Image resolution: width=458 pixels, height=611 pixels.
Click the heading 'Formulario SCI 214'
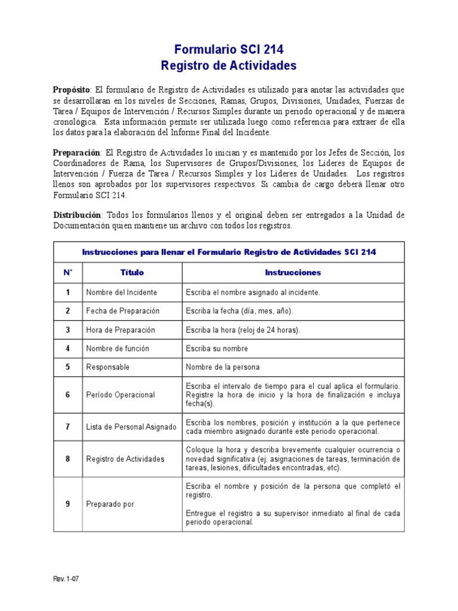pos(229,50)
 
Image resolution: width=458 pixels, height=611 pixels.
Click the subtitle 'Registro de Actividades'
pos(229,66)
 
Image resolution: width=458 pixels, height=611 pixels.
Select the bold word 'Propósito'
pos(72,89)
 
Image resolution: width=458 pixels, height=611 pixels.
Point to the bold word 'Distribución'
pos(76,215)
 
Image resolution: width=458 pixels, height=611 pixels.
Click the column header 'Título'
pos(132,273)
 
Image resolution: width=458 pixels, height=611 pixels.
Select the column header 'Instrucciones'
pos(293,273)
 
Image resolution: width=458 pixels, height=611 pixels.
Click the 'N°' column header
pos(67,273)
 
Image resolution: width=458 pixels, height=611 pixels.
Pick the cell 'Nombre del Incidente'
pos(122,292)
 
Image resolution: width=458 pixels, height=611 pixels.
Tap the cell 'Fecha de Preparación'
pos(123,311)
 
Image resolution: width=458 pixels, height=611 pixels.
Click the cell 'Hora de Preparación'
pos(120,330)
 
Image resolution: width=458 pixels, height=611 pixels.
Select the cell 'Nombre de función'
pos(117,348)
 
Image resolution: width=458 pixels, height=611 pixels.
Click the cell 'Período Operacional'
pos(120,395)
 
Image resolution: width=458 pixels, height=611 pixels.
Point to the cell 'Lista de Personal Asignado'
pos(131,427)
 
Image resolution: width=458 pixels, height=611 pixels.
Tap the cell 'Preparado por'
pos(110,504)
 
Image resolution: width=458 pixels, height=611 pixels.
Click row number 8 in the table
pos(67,459)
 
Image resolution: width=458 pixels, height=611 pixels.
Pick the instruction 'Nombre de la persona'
pos(222,368)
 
